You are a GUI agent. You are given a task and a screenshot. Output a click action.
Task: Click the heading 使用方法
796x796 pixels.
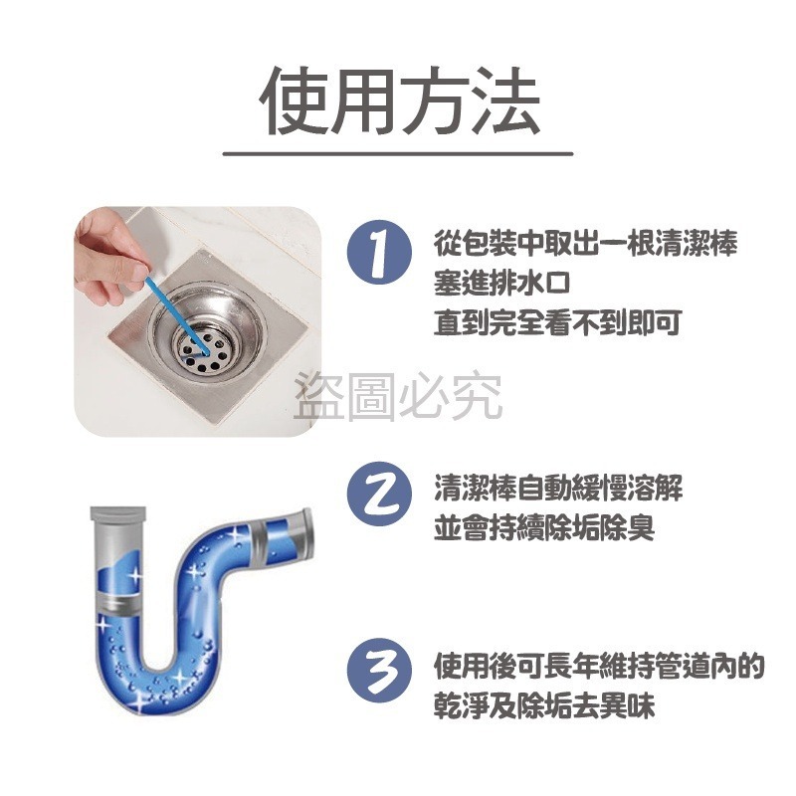pyautogui.click(x=399, y=102)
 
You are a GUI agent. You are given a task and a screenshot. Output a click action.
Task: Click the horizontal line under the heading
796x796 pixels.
pyautogui.click(x=398, y=153)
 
